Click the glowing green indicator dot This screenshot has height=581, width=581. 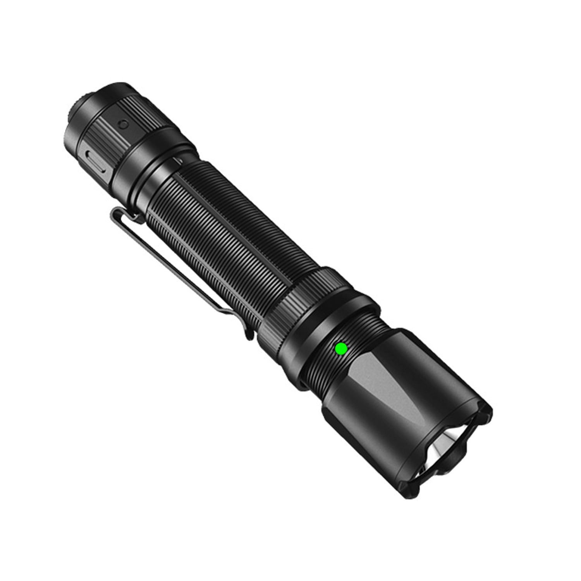(341, 349)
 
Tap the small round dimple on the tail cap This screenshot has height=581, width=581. (123, 124)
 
